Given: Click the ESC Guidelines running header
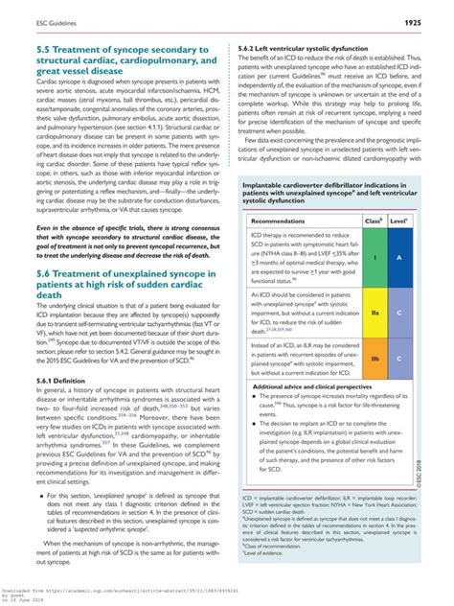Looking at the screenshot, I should (x=38, y=20).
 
